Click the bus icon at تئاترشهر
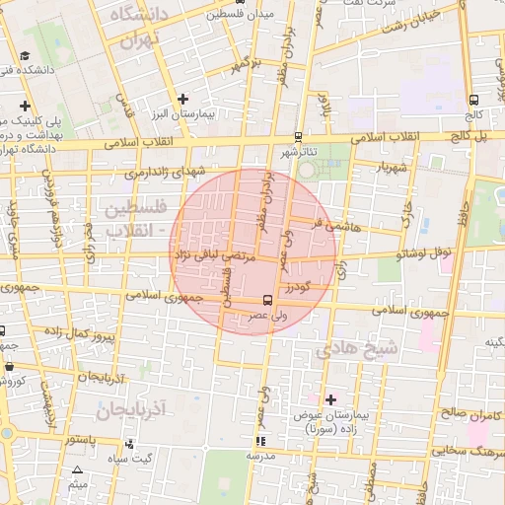tap(299, 138)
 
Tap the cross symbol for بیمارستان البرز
tap(182, 99)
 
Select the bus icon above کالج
tap(474, 100)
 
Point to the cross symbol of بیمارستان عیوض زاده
tap(330, 399)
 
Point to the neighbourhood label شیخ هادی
tap(355, 349)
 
